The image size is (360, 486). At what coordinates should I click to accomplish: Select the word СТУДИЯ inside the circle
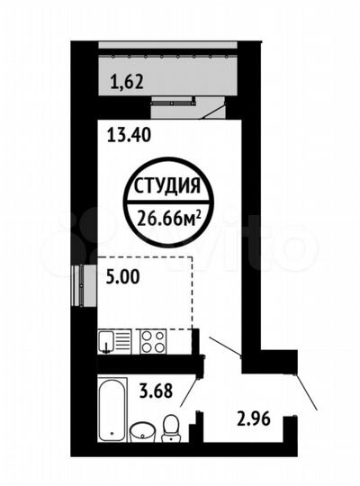click(x=167, y=188)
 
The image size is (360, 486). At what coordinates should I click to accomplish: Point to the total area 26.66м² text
click(x=169, y=215)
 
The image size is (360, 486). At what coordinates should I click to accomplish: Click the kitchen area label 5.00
click(x=121, y=278)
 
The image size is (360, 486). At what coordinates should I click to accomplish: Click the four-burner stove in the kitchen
click(x=150, y=341)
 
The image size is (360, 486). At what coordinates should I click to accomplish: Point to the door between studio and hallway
click(x=224, y=347)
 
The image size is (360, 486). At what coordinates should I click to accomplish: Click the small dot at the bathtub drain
click(x=112, y=434)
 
